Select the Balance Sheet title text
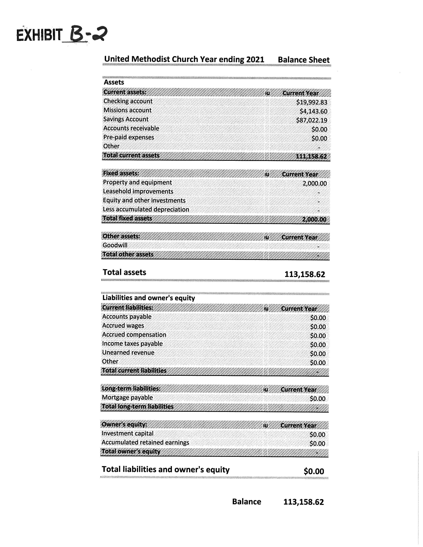(x=303, y=60)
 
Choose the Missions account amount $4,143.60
(x=313, y=111)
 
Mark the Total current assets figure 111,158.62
(x=311, y=156)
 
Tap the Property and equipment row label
(x=137, y=182)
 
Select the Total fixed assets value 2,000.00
(x=314, y=220)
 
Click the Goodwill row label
(x=115, y=245)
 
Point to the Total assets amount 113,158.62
(x=304, y=274)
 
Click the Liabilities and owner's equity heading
(x=149, y=298)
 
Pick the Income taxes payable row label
(x=132, y=344)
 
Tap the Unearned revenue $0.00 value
(x=318, y=354)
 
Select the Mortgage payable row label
(x=127, y=397)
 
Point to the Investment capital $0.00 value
(x=317, y=435)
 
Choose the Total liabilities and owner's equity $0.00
(x=314, y=471)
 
